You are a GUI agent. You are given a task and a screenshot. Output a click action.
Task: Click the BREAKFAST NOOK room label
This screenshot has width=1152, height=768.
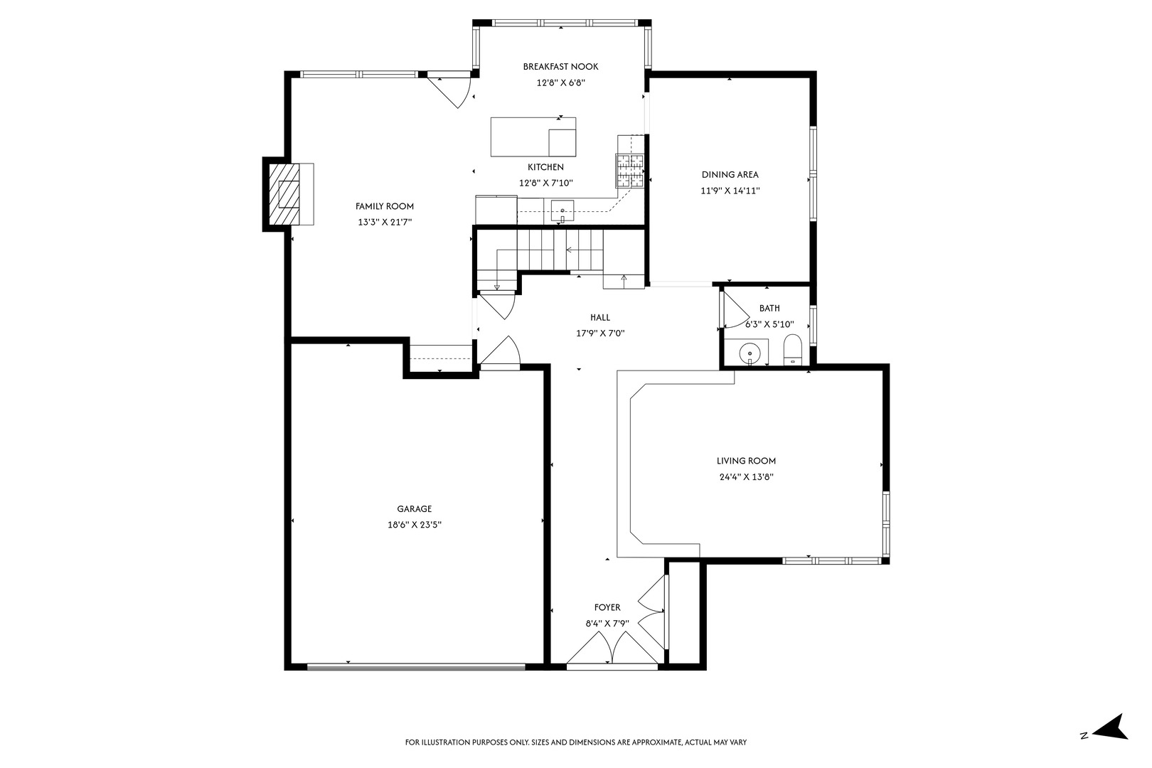pyautogui.click(x=560, y=66)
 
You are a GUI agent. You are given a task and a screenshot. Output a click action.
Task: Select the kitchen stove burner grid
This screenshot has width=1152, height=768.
pyautogui.click(x=630, y=170)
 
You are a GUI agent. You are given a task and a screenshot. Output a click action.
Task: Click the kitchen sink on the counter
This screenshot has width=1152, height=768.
pyautogui.click(x=562, y=210)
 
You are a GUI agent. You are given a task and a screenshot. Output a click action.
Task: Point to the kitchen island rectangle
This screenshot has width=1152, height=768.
pyautogui.click(x=533, y=137)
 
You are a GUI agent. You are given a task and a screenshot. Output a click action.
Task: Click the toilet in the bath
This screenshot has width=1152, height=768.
pyautogui.click(x=792, y=349)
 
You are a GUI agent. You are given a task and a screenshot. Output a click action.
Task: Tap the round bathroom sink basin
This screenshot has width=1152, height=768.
pyautogui.click(x=750, y=354)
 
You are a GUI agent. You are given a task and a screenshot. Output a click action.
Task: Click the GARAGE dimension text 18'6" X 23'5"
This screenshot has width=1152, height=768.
pyautogui.click(x=415, y=526)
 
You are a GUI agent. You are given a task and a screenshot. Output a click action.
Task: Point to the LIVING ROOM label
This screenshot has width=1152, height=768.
pyautogui.click(x=746, y=461)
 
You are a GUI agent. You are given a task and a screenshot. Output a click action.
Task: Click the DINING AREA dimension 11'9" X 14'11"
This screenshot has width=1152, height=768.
pyautogui.click(x=730, y=191)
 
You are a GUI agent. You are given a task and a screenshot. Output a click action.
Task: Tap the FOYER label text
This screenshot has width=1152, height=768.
pyautogui.click(x=607, y=607)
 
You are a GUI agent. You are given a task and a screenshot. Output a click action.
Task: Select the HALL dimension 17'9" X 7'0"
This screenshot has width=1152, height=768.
pyautogui.click(x=600, y=334)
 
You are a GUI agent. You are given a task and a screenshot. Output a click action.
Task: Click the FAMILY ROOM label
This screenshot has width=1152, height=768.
pyautogui.click(x=385, y=206)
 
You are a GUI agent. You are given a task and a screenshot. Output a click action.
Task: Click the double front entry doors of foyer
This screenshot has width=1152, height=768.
pyautogui.click(x=612, y=650)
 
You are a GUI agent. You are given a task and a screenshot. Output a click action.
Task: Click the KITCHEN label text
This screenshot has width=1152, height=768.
pyautogui.click(x=545, y=167)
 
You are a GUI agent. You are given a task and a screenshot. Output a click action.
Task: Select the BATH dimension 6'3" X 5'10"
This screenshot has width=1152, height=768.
pyautogui.click(x=770, y=324)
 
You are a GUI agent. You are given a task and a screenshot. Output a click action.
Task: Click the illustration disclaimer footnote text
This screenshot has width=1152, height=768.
pyautogui.click(x=576, y=742)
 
